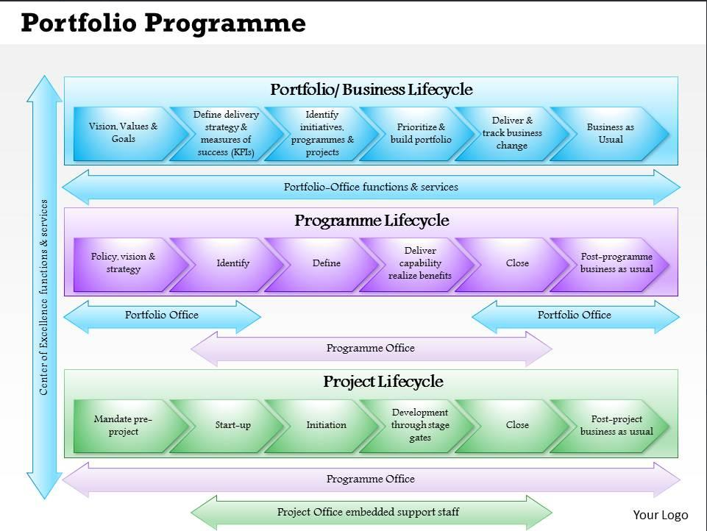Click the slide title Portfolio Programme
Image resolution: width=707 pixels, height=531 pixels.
click(163, 24)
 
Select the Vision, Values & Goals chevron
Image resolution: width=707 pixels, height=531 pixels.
click(123, 133)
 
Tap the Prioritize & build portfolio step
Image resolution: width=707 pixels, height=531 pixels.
click(421, 133)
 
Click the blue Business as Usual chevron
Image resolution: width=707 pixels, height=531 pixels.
click(610, 133)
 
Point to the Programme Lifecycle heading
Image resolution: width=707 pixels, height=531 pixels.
click(372, 221)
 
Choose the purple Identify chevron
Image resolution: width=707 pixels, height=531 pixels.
click(232, 263)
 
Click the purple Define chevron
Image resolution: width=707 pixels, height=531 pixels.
click(326, 263)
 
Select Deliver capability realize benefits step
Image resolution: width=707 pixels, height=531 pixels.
click(420, 263)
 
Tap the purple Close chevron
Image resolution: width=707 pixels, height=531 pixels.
click(517, 263)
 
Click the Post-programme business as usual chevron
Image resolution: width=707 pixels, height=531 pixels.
click(616, 263)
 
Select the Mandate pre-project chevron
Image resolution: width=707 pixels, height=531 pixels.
click(123, 425)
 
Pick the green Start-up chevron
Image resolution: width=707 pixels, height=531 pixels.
click(232, 425)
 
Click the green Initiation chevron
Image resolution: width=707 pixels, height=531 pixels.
click(326, 425)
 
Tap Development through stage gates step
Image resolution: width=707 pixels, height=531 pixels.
click(420, 425)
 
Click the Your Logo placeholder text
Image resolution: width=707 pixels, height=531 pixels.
click(661, 515)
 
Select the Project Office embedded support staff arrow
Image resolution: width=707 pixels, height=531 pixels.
click(371, 512)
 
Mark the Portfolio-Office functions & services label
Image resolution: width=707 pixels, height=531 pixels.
click(371, 187)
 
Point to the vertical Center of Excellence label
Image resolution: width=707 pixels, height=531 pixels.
click(44, 297)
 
